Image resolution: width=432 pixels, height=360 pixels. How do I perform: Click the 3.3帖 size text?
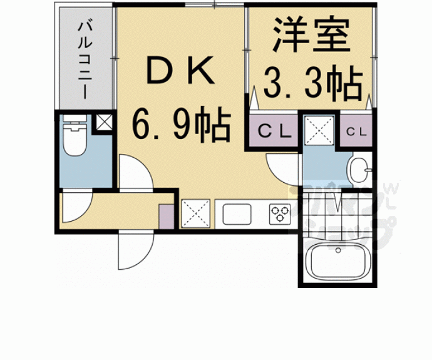pyautogui.click(x=312, y=83)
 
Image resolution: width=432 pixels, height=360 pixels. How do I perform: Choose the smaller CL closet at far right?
pyautogui.click(x=356, y=131)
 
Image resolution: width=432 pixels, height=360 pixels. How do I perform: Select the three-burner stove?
pyautogui.click(x=279, y=213)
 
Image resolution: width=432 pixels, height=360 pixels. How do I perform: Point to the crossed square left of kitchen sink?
pyautogui.click(x=195, y=213)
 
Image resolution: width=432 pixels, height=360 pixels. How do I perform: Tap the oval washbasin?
pyautogui.click(x=359, y=169)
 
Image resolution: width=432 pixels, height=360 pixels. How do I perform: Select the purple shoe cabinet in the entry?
pyautogui.click(x=167, y=214)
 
